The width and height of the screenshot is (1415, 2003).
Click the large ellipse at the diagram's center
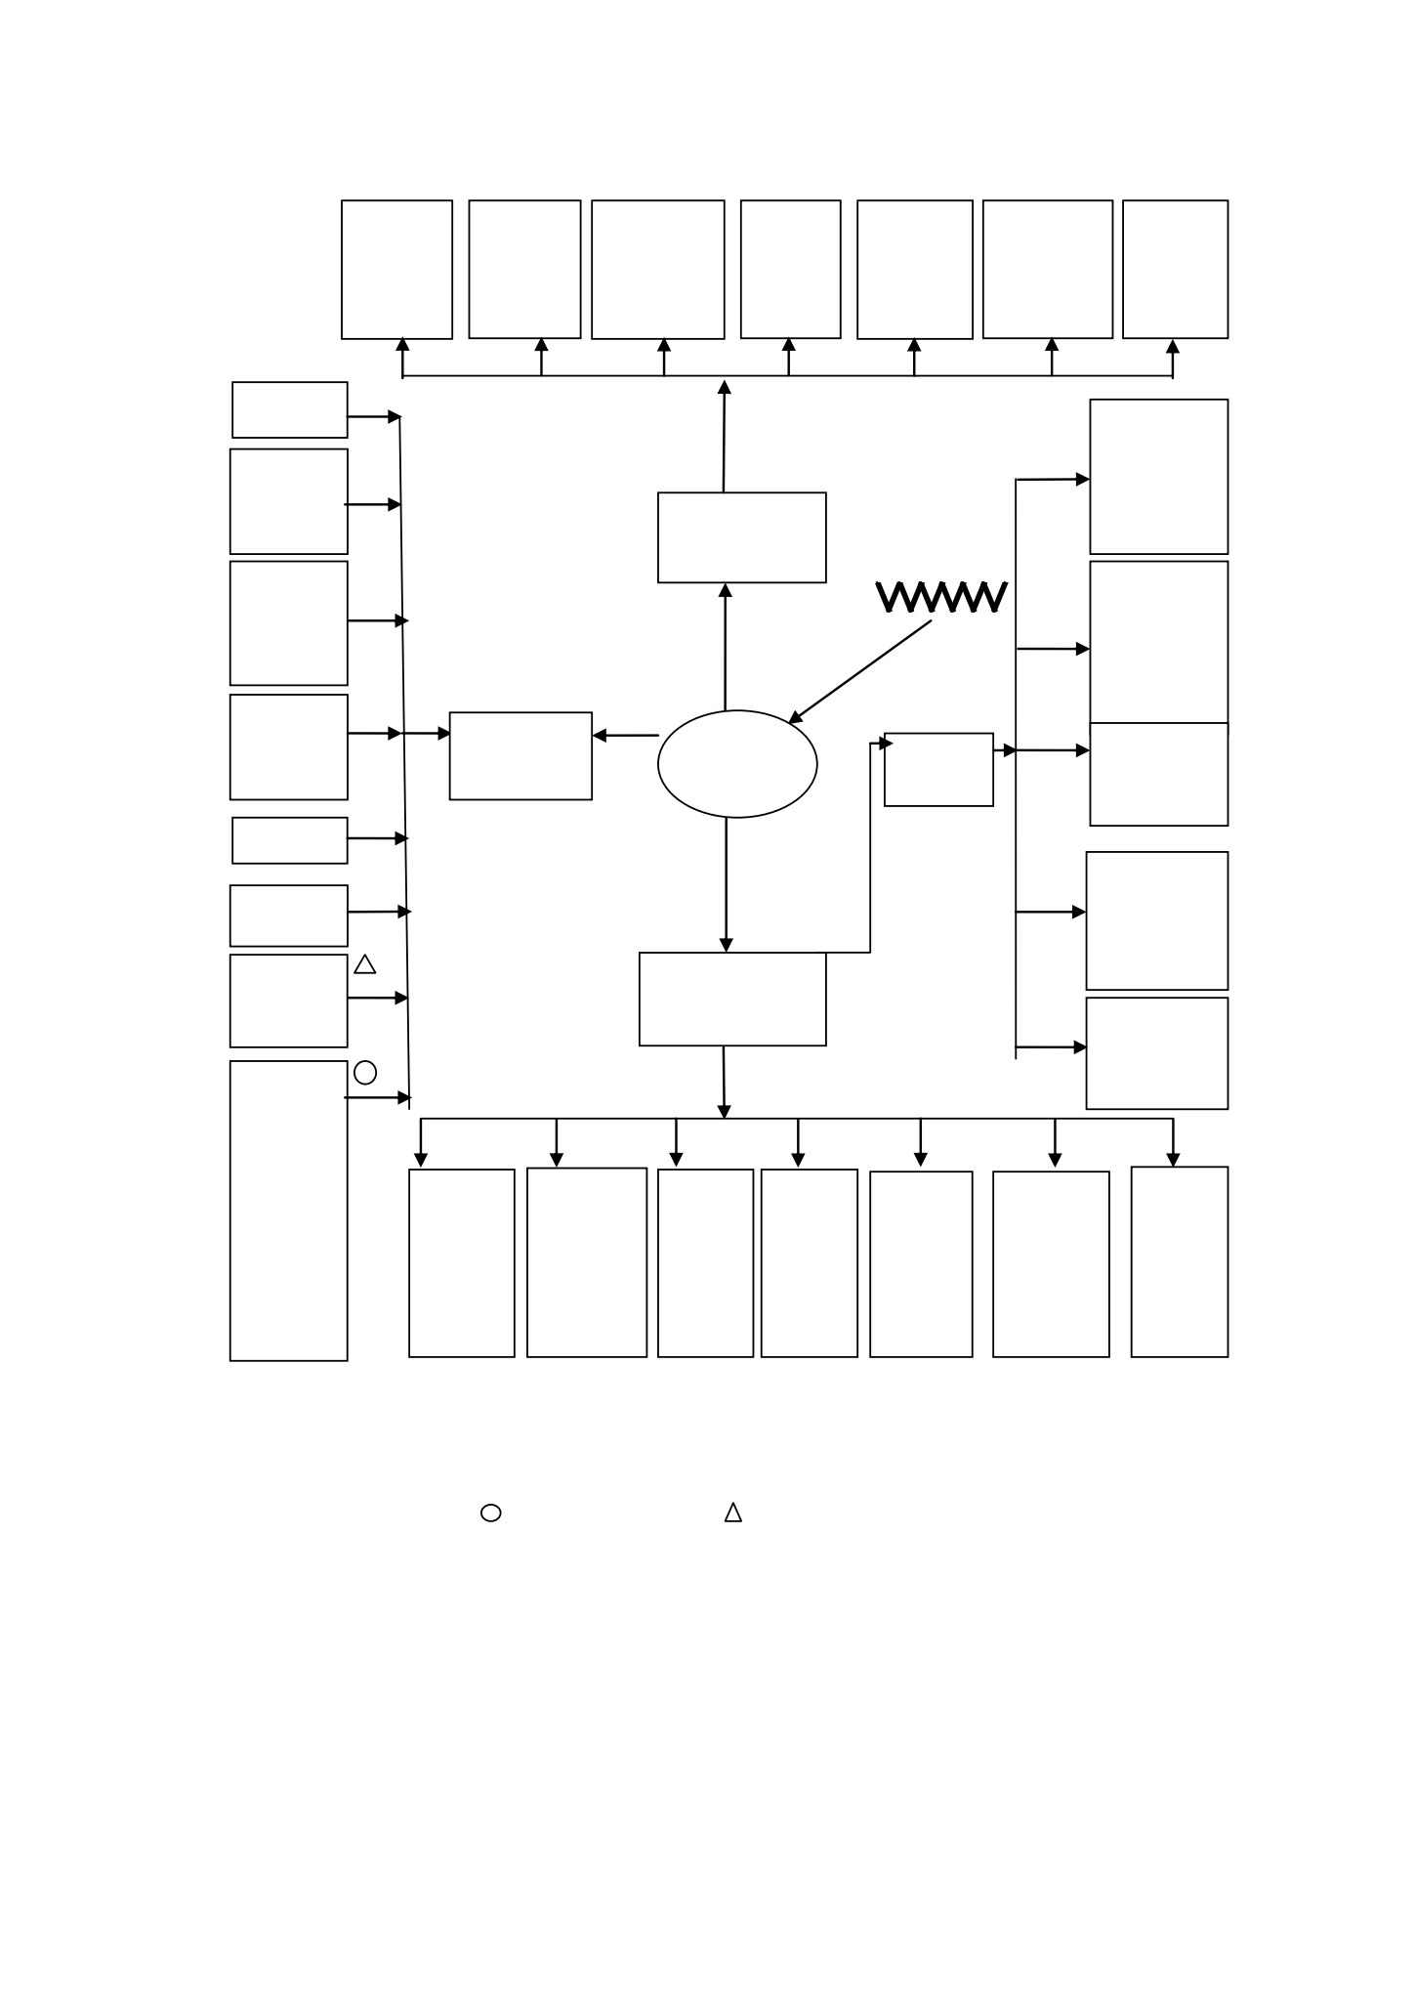pyautogui.click(x=659, y=764)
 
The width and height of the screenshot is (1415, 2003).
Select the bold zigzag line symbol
pyautogui.click(x=941, y=598)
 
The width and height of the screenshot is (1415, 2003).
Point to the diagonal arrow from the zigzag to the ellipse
pyautogui.click(x=860, y=672)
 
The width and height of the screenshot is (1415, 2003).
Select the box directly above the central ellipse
pyautogui.click(x=742, y=493)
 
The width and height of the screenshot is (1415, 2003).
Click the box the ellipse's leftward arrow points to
pyautogui.click(x=520, y=713)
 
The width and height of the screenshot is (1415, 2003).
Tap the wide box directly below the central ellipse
pyautogui.click(x=732, y=954)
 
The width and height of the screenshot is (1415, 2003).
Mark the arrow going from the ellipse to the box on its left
pyautogui.click(x=626, y=736)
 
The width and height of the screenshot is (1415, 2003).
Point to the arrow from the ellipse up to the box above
pyautogui.click(x=726, y=647)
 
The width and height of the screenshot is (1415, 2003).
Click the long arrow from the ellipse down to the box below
pyautogui.click(x=726, y=884)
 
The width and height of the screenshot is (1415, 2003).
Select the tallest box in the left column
pyautogui.click(x=230, y=1211)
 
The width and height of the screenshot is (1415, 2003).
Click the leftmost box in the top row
pyautogui.click(x=342, y=270)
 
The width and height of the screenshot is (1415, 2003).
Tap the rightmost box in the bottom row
pyautogui.click(x=1132, y=1261)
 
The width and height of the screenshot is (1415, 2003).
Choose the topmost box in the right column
pyautogui.click(x=1091, y=476)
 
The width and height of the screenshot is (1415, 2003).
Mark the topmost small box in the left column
pyautogui.click(x=290, y=383)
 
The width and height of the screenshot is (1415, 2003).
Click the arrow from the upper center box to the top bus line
pyautogui.click(x=725, y=436)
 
